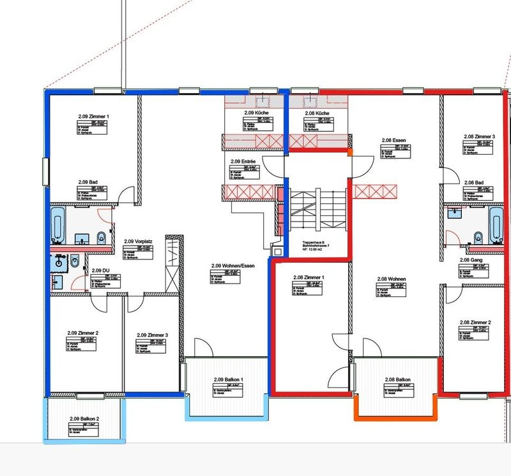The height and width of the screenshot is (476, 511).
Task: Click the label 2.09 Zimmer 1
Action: coord(94,116)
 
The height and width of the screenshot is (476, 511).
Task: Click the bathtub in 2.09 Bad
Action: coord(57,223)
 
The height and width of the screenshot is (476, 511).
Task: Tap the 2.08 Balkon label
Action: coord(397,379)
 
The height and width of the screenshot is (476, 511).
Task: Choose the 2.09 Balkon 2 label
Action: coord(84,418)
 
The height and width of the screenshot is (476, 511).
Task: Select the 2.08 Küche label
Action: coord(317,113)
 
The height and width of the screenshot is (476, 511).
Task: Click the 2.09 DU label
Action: coord(93,271)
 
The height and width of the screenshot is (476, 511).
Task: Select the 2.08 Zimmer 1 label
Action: coord(309,278)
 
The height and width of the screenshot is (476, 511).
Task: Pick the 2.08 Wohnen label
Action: coord(392,279)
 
